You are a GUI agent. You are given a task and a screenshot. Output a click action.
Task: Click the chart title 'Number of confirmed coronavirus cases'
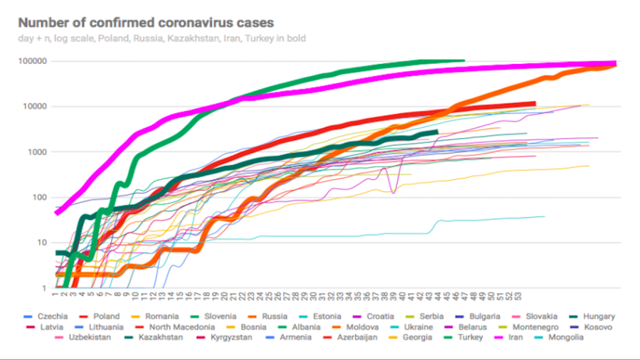coord(146,23)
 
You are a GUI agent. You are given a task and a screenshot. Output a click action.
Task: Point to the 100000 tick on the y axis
coord(33,61)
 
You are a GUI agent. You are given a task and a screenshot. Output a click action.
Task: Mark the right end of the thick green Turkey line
coord(464,61)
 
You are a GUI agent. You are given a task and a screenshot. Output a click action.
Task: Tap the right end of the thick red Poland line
coord(534,103)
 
